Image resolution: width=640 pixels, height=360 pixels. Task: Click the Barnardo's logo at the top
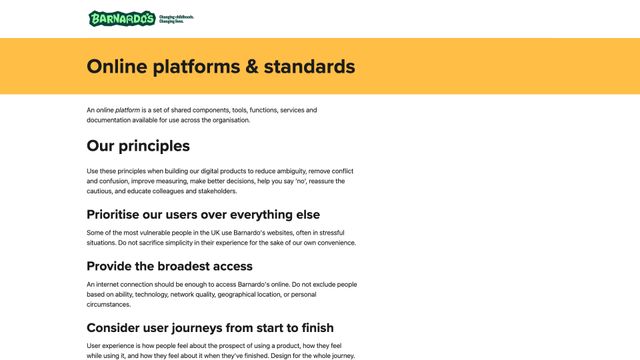[x=122, y=18]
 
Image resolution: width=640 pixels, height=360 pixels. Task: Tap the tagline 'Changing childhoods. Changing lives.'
[x=176, y=19]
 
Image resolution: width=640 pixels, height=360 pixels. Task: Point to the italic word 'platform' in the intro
[x=127, y=110]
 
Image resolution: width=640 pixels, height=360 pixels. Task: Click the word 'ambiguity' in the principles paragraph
[x=312, y=171]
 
